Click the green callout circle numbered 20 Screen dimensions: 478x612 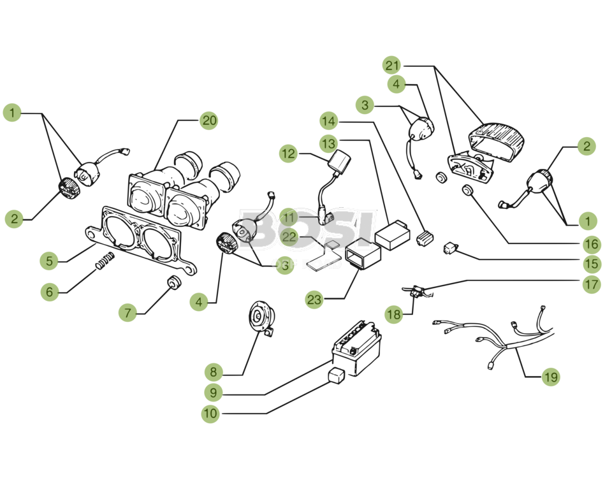pyautogui.click(x=208, y=120)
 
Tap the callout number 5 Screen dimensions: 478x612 pyautogui.click(x=49, y=260)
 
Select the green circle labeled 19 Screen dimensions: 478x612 pyautogui.click(x=550, y=377)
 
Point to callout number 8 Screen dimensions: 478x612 pyautogui.click(x=214, y=372)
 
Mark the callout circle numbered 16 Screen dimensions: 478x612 pyautogui.click(x=591, y=243)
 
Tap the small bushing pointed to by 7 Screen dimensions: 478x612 pyautogui.click(x=171, y=283)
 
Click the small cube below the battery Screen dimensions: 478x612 pyautogui.click(x=336, y=375)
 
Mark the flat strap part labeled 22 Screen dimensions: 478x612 pyautogui.click(x=325, y=256)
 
